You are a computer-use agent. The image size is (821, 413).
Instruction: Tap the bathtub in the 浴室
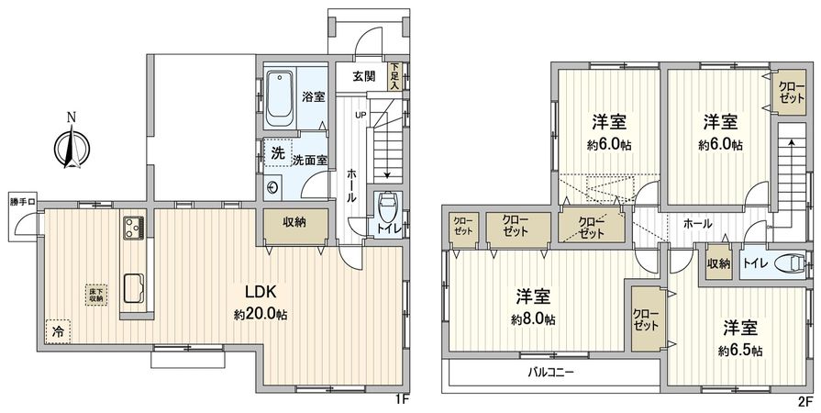280,98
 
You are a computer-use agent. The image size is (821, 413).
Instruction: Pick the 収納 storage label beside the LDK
294,223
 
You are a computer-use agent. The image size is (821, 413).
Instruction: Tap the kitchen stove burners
131,224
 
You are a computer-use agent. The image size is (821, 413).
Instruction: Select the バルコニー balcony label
551,373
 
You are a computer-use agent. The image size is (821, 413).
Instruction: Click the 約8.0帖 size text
533,320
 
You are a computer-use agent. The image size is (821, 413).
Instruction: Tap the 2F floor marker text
804,401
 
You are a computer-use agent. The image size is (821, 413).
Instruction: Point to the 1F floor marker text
400,400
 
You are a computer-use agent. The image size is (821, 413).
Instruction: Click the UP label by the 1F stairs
361,115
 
